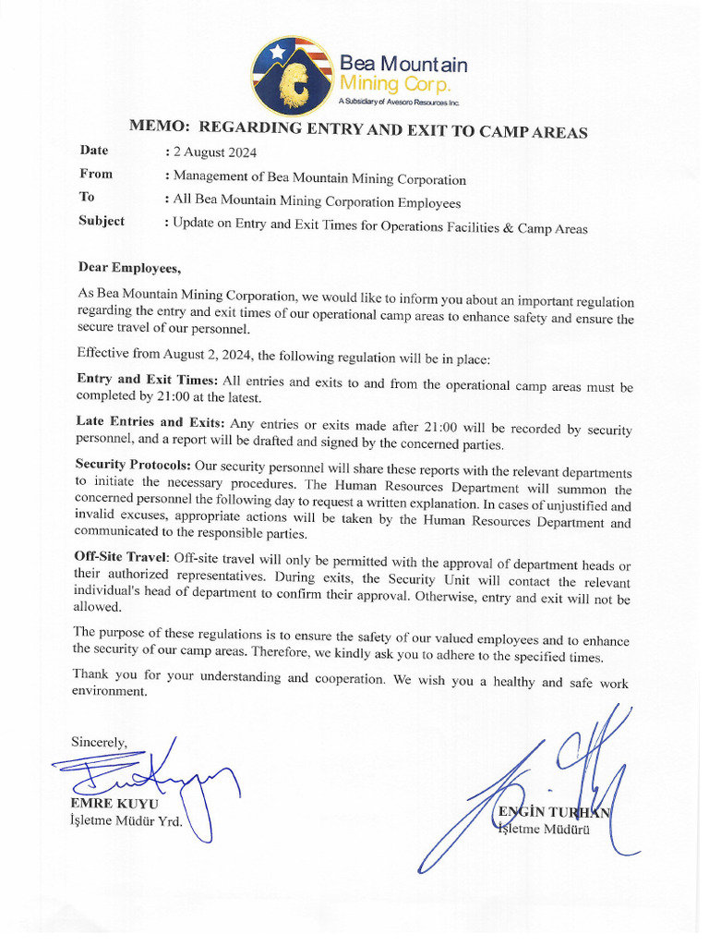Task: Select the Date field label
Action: [94, 151]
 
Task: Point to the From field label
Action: [96, 174]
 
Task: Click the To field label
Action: [87, 197]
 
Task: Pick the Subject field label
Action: [102, 221]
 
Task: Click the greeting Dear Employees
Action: [129, 269]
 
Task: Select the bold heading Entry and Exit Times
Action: [147, 380]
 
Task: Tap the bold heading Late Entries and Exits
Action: [149, 422]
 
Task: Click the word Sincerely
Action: [99, 742]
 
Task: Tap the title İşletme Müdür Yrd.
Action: [126, 820]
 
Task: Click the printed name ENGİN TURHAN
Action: [554, 812]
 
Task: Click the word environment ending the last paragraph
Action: [110, 692]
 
